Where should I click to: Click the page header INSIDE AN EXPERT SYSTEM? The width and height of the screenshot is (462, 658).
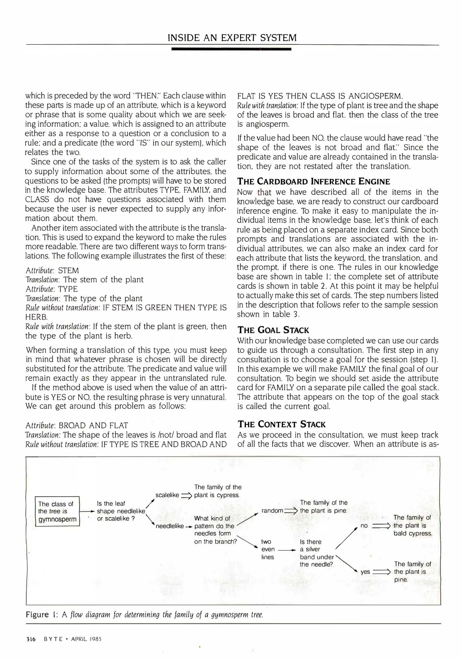(x=232, y=38)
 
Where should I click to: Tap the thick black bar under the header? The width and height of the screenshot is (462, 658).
(x=231, y=49)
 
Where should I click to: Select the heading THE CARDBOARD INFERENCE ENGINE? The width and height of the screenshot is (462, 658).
(x=313, y=182)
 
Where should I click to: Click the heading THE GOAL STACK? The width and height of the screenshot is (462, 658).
(x=273, y=330)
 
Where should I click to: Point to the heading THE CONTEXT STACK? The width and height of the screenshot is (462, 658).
(x=282, y=424)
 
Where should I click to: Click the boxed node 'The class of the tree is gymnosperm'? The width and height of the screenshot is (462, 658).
(x=57, y=511)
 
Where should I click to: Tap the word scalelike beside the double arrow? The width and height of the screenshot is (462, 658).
(x=167, y=495)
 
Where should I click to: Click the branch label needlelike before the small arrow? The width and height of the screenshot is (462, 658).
(x=170, y=526)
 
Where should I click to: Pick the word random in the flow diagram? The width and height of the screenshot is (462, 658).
(x=272, y=511)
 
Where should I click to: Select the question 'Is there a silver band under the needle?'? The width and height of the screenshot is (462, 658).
(x=317, y=553)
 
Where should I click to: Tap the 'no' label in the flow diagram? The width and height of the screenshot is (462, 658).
(x=364, y=526)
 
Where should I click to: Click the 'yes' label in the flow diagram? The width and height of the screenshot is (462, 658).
(x=365, y=572)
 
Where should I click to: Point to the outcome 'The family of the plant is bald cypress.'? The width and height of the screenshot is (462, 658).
(x=412, y=525)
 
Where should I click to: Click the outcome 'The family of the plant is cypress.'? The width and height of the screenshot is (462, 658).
(x=217, y=491)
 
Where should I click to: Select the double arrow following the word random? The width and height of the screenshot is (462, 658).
(x=291, y=511)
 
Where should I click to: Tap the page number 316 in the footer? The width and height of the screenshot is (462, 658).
(x=30, y=639)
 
